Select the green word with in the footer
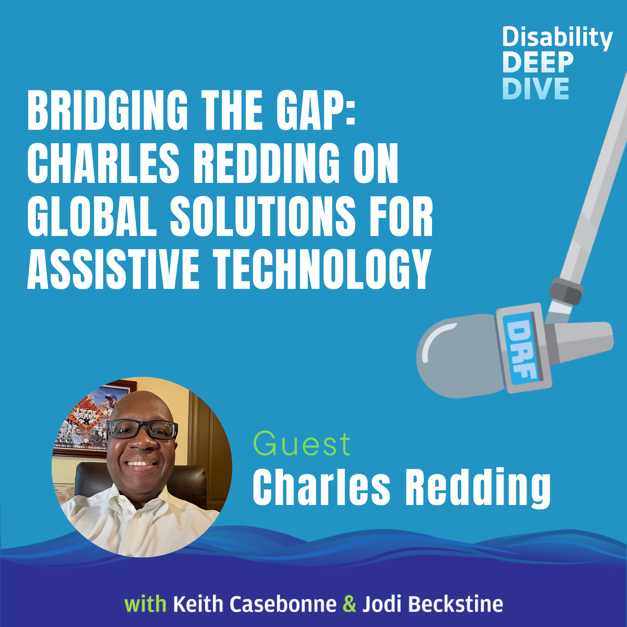click(x=145, y=604)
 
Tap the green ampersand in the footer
click(x=349, y=604)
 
